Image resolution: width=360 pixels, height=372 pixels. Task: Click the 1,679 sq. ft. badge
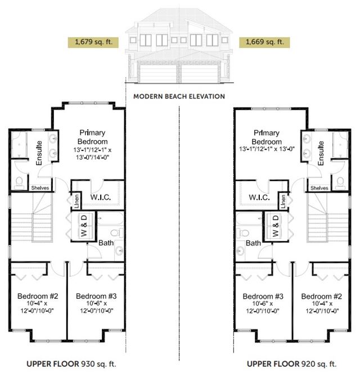click(93, 42)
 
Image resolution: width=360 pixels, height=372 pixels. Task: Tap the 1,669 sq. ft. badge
click(264, 42)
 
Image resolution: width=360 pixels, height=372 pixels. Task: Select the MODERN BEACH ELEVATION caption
click(179, 96)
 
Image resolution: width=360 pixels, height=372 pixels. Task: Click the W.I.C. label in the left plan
click(101, 197)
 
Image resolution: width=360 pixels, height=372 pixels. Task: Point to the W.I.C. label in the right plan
click(259, 198)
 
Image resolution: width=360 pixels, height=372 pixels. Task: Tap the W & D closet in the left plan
click(83, 226)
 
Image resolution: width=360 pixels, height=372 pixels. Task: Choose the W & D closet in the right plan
click(276, 226)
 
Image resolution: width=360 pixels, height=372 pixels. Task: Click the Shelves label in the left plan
click(40, 188)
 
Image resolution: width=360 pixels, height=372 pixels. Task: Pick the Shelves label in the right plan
click(319, 188)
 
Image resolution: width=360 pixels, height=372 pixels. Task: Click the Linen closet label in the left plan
click(76, 201)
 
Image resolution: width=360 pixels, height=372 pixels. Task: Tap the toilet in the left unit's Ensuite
click(19, 183)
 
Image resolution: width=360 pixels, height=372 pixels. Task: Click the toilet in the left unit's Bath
click(117, 233)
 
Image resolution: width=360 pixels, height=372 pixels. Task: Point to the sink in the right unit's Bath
click(240, 250)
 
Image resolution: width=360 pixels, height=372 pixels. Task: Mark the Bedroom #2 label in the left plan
click(38, 296)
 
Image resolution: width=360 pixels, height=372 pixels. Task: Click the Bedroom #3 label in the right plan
click(263, 297)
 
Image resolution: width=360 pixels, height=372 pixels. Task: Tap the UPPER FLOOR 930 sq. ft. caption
click(71, 364)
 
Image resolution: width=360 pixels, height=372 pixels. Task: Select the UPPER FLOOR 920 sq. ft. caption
click(292, 364)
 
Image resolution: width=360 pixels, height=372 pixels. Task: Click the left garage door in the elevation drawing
click(158, 73)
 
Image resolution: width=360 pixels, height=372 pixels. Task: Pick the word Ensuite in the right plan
click(321, 153)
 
